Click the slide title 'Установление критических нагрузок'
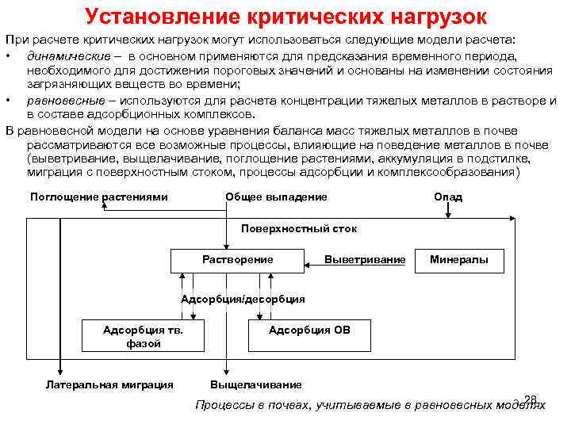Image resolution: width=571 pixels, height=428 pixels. click(x=285, y=16)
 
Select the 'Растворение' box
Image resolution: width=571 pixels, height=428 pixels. click(x=237, y=260)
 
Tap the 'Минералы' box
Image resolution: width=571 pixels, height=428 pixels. click(x=459, y=260)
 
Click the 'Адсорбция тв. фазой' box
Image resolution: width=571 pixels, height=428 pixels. click(x=144, y=336)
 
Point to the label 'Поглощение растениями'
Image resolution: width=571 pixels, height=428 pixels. click(x=98, y=197)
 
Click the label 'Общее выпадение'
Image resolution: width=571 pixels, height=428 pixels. click(x=276, y=197)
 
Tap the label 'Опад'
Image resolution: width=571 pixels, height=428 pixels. click(x=448, y=197)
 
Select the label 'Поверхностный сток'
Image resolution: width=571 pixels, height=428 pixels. click(x=298, y=228)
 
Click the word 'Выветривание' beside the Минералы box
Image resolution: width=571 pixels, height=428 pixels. click(x=365, y=260)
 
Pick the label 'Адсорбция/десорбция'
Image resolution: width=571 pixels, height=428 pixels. click(x=243, y=299)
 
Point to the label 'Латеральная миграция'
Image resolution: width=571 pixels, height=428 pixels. click(x=109, y=384)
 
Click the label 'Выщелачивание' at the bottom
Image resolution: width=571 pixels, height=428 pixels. click(x=255, y=384)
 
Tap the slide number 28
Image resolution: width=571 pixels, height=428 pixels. click(x=531, y=398)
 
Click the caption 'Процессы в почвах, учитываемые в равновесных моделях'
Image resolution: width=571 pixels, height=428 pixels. click(x=370, y=405)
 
